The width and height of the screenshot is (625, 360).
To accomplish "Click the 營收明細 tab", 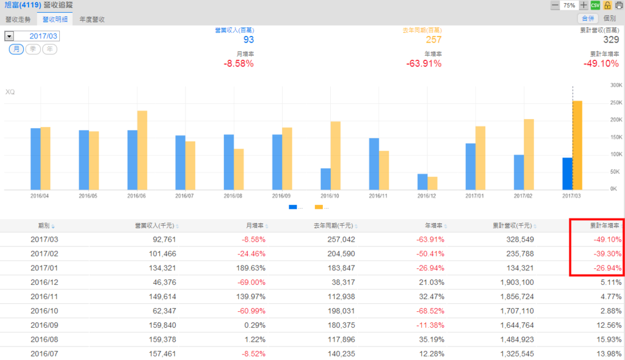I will (x=54, y=20).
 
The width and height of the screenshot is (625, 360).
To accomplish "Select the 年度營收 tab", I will (x=92, y=20).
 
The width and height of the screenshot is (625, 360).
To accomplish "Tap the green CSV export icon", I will (x=595, y=5).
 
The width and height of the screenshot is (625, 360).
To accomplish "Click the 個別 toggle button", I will (x=609, y=19).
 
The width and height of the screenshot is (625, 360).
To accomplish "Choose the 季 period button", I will (x=33, y=49).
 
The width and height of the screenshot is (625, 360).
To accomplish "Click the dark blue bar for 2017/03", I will (x=568, y=173).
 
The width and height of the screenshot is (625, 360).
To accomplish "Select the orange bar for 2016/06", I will (x=142, y=150).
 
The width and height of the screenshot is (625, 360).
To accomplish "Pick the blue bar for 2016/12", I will (x=422, y=182).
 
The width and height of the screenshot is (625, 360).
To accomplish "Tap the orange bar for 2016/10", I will (x=335, y=156).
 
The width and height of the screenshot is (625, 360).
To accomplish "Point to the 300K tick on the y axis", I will (x=615, y=85).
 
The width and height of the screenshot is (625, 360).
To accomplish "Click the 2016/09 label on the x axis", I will (x=281, y=196).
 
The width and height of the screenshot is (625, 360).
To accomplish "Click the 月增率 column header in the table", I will (x=255, y=226).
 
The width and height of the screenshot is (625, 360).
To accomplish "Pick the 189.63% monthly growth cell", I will (x=252, y=268).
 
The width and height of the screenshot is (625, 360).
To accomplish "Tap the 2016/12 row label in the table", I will (x=44, y=283).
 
